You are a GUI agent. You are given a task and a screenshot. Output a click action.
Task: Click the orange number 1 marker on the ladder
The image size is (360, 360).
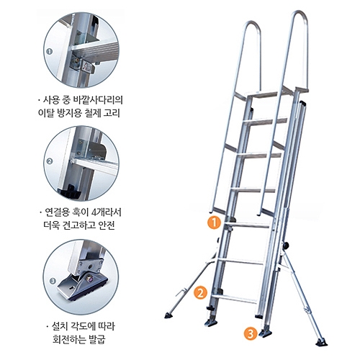coord(212,222)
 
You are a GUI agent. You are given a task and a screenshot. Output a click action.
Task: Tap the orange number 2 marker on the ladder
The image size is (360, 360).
coord(201,292)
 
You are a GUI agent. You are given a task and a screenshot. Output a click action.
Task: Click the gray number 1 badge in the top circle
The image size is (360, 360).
coord(49,52)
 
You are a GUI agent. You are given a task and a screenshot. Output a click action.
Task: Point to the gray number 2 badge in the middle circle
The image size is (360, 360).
coord(50,161)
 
